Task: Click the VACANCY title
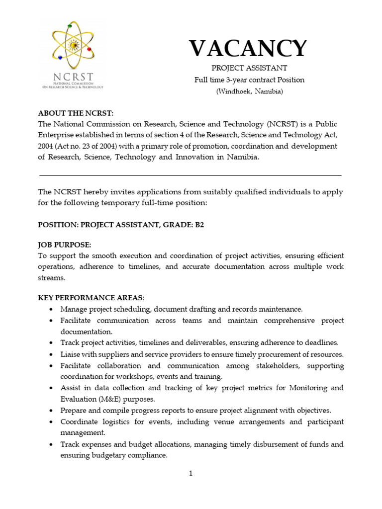coord(247,49)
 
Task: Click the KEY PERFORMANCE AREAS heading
coord(91,298)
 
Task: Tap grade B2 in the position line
coord(199,225)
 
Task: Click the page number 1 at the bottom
coord(191,474)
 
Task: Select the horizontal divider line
coord(191,175)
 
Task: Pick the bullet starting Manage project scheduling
coord(181,309)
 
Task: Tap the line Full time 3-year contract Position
coord(249,80)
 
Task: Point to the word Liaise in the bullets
coord(70,354)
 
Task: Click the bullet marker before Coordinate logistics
coord(52,422)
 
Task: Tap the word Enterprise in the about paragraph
coord(58,135)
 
